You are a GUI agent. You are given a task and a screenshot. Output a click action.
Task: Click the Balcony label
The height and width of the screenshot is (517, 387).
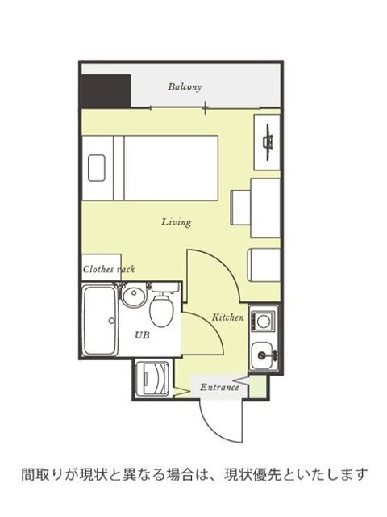pos(185,87)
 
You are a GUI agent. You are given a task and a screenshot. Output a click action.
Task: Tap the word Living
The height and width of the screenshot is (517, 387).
pos(177,222)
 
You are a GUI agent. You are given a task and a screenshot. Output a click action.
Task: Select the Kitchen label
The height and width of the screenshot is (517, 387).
pos(227,317)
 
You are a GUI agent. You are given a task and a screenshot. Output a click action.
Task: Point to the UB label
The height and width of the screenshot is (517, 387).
pos(142,335)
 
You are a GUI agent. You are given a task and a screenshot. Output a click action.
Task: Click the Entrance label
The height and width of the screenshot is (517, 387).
pos(219,387)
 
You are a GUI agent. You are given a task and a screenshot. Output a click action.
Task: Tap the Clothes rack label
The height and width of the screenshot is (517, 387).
pos(109,269)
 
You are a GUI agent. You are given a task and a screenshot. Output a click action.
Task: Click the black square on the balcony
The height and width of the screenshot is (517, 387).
pos(106,91)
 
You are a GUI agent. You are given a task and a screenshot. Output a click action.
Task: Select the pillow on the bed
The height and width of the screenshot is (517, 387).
pos(97,168)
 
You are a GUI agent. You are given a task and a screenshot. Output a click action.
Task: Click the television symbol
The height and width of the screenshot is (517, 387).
pos(268,142)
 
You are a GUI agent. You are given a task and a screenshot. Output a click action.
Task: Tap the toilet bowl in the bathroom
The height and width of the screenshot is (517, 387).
pos(161,311)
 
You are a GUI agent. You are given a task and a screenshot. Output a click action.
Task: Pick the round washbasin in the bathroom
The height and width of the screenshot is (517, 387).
pos(134,297)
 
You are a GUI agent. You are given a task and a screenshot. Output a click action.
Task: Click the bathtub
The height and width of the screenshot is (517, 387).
pos(100,321)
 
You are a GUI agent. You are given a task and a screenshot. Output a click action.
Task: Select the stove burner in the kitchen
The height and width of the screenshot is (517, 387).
pos(263,321)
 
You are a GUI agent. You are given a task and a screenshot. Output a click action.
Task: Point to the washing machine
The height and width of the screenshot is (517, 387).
pos(153,379)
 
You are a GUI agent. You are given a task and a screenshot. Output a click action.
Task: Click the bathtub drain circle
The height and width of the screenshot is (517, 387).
pos(111,320)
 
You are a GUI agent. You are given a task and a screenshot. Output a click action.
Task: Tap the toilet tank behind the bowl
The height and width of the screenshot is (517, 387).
pos(165,288)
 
